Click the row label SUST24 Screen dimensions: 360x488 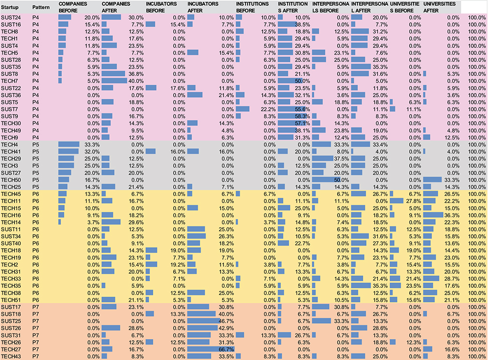[x=11, y=17]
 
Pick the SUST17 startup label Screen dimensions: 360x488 [x=11, y=307]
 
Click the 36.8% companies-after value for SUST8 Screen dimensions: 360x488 [x=137, y=74]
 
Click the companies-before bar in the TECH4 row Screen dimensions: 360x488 [x=69, y=144]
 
